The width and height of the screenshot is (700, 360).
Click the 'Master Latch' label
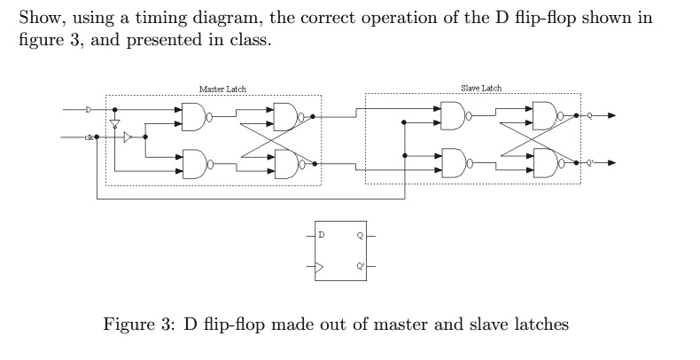222,90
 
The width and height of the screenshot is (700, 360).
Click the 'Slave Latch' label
481,89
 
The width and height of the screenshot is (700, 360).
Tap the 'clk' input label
89,137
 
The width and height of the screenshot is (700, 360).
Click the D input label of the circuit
88,111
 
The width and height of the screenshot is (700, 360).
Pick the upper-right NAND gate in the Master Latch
289,115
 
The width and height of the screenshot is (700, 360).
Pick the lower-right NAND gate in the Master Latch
289,163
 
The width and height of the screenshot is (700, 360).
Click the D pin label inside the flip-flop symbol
322,236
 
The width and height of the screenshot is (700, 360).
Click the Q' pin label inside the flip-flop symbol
359,265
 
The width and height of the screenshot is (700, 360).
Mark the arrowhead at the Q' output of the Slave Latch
609,163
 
